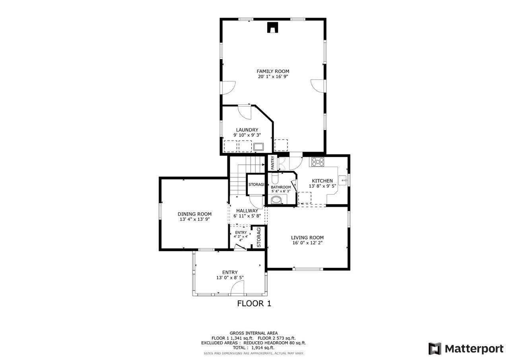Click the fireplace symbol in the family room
(x=272, y=28)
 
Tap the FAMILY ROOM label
(x=273, y=71)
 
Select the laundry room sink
(x=258, y=147)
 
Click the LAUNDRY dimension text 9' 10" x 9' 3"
(x=247, y=135)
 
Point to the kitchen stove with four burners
(x=317, y=162)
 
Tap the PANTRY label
(x=272, y=163)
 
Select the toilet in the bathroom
(x=277, y=199)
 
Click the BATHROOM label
(x=281, y=187)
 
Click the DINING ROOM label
(x=194, y=214)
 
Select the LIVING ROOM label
(x=307, y=237)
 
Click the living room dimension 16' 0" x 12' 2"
(x=307, y=243)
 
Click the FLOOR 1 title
(x=254, y=304)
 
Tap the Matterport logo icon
(x=435, y=348)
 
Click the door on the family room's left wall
(x=227, y=88)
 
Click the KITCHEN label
(x=322, y=181)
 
